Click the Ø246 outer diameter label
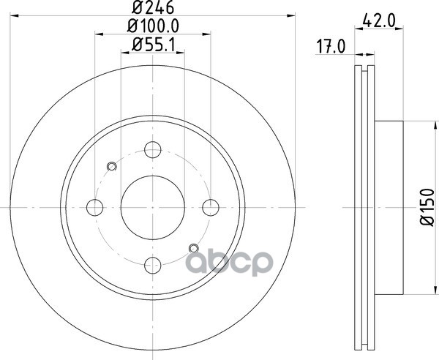153,7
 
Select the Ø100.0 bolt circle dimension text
153,26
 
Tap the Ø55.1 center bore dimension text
153,45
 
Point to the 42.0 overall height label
379,20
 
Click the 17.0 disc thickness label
331,46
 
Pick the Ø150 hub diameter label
427,207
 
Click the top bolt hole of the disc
153,150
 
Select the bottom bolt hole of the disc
153,266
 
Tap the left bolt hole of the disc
95,207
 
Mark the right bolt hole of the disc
211,207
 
